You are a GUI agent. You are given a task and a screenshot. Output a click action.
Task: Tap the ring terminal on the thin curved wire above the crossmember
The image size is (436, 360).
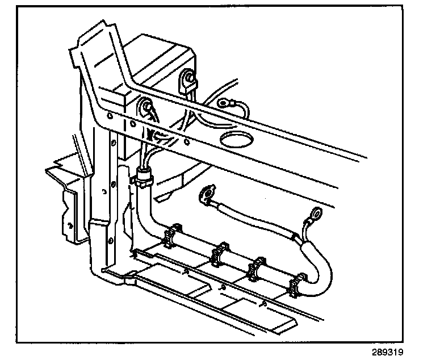pos(224,103)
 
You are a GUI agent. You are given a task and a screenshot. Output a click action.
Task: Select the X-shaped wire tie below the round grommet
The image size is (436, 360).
pos(153,136)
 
